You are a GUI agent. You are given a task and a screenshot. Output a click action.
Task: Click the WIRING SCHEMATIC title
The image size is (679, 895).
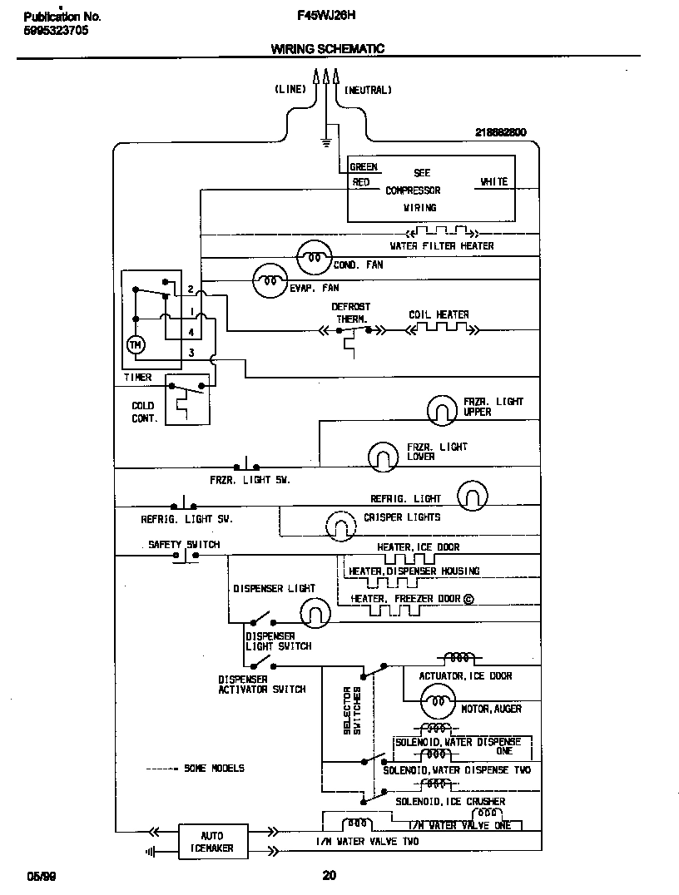click(x=327, y=49)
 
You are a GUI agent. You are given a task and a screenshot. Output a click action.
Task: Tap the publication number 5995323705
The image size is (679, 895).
click(x=56, y=31)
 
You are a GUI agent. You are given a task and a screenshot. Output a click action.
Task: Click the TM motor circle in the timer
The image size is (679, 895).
click(x=135, y=344)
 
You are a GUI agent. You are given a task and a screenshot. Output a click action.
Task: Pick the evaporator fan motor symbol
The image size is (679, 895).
click(x=269, y=281)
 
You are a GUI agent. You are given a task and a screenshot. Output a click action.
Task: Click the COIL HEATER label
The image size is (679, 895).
click(x=439, y=315)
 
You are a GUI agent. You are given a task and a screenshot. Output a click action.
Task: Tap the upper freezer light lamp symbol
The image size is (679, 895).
click(x=441, y=408)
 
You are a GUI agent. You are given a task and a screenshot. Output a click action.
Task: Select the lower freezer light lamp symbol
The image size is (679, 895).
click(x=383, y=455)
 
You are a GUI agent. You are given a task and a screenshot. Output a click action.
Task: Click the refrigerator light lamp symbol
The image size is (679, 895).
click(x=471, y=497)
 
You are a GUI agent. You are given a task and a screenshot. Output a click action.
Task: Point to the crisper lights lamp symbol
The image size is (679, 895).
click(x=339, y=523)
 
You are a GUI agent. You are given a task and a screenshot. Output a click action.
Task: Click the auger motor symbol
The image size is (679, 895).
click(x=435, y=704)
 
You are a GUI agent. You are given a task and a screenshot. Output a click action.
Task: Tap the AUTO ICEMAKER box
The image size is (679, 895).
click(x=212, y=842)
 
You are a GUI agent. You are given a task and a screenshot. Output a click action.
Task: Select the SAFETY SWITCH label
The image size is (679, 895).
click(x=184, y=545)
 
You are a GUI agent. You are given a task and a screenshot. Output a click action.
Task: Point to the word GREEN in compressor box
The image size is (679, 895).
click(x=364, y=167)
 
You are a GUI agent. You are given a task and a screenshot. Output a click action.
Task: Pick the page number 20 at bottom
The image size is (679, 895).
click(x=329, y=874)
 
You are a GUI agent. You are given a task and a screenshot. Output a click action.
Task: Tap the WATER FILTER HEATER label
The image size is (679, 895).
click(x=442, y=246)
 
